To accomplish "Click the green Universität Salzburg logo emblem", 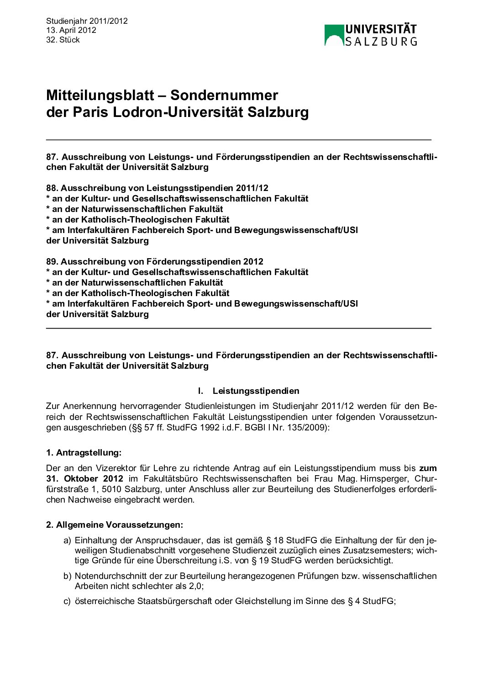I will tap(334, 35).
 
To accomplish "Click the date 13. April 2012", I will tap(71, 30).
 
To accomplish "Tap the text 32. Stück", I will tap(63, 40).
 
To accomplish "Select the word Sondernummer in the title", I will tap(224, 95).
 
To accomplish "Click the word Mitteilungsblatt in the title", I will tap(100, 95).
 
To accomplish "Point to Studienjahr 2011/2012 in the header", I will tap(87, 21).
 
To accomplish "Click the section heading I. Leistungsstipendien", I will tap(249, 391).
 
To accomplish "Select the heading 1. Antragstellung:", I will tap(84, 452).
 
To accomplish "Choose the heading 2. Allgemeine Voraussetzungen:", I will tap(114, 525).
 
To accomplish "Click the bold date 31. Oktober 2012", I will tap(84, 478).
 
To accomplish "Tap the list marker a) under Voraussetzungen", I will tap(67, 541).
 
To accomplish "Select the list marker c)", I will tap(67, 601).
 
